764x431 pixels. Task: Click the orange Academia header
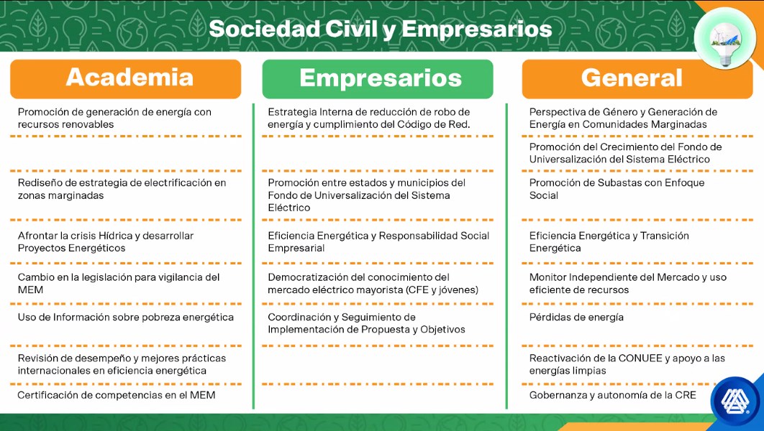click(126, 79)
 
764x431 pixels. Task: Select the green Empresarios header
click(378, 79)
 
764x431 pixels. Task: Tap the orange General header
click(637, 79)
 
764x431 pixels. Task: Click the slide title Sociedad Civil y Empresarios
click(381, 29)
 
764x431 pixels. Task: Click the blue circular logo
click(736, 402)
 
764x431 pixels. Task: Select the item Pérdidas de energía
click(576, 318)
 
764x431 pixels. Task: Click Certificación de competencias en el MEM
click(117, 395)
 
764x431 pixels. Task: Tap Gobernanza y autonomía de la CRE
click(612, 395)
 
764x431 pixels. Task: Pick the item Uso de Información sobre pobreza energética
click(126, 318)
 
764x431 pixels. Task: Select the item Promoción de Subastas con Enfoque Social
click(617, 189)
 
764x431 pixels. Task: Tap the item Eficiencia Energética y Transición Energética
click(609, 242)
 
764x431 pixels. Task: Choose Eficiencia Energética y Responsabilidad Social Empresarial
click(378, 242)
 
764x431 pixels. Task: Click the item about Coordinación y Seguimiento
click(366, 323)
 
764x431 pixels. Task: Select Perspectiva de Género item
click(623, 119)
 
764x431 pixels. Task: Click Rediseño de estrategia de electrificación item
click(122, 189)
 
